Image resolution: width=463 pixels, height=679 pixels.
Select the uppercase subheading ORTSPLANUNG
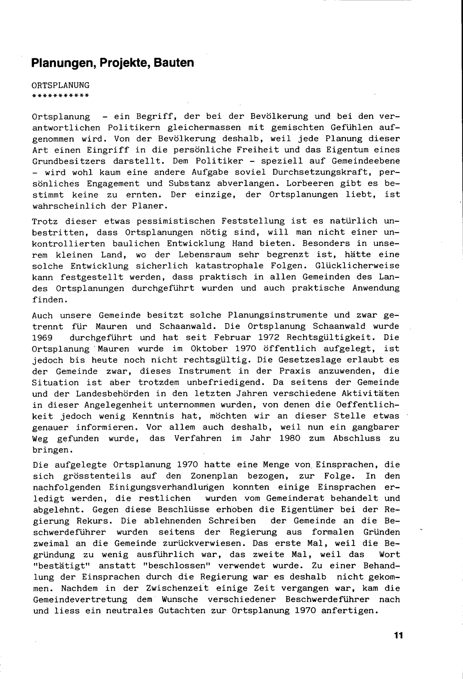61,85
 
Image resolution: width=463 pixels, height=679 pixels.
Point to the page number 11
398,635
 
